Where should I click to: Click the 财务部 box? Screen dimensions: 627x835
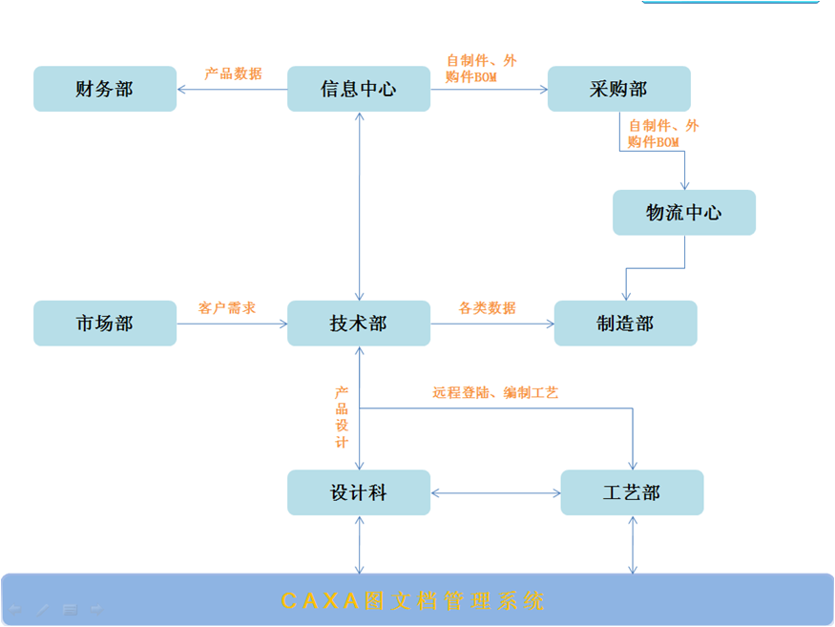(105, 89)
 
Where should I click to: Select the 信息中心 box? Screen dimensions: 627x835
(359, 89)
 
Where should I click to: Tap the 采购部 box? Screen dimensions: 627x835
(618, 89)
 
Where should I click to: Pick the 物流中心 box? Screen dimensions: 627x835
(684, 212)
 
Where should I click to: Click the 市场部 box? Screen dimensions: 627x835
(105, 324)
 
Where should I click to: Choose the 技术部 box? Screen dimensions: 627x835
(359, 324)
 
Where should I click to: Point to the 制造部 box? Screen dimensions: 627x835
(625, 324)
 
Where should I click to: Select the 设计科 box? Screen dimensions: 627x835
(359, 492)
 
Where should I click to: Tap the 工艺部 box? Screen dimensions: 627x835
(632, 492)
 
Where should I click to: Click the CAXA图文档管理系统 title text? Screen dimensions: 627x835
(414, 601)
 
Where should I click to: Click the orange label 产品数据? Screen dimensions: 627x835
(233, 73)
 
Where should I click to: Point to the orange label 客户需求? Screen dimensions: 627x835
(227, 308)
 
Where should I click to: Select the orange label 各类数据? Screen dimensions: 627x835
(487, 308)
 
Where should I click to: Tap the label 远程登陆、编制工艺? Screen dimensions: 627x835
(495, 392)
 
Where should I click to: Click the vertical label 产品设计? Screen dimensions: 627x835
(342, 417)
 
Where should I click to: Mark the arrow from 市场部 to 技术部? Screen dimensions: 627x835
(232, 324)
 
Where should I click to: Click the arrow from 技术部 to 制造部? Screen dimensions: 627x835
(491, 324)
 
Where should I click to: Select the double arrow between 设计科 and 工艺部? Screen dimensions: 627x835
(495, 493)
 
